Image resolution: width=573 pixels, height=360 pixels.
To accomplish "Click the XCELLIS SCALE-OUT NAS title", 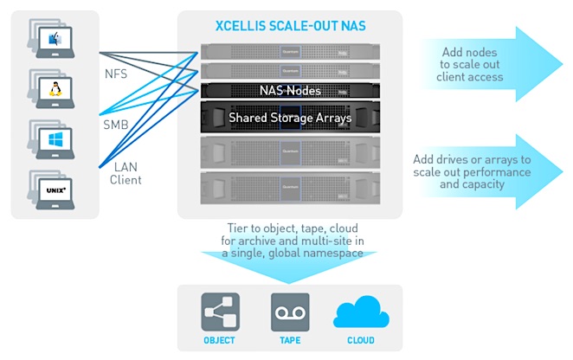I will (289, 26).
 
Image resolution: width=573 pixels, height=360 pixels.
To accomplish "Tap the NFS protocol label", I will (114, 74).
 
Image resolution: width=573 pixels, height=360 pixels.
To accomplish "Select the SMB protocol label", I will (115, 125).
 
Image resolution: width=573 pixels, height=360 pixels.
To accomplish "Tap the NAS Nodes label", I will (289, 89).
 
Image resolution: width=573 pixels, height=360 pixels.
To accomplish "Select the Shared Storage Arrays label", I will (289, 117).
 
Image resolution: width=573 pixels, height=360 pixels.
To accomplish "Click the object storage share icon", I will (219, 312).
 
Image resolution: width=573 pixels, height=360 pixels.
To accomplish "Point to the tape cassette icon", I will (289, 312).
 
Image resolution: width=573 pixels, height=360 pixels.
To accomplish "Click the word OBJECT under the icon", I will (219, 340).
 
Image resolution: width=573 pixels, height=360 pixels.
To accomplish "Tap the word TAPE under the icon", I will (289, 340).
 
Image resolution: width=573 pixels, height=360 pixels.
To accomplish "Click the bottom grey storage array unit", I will (289, 186).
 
